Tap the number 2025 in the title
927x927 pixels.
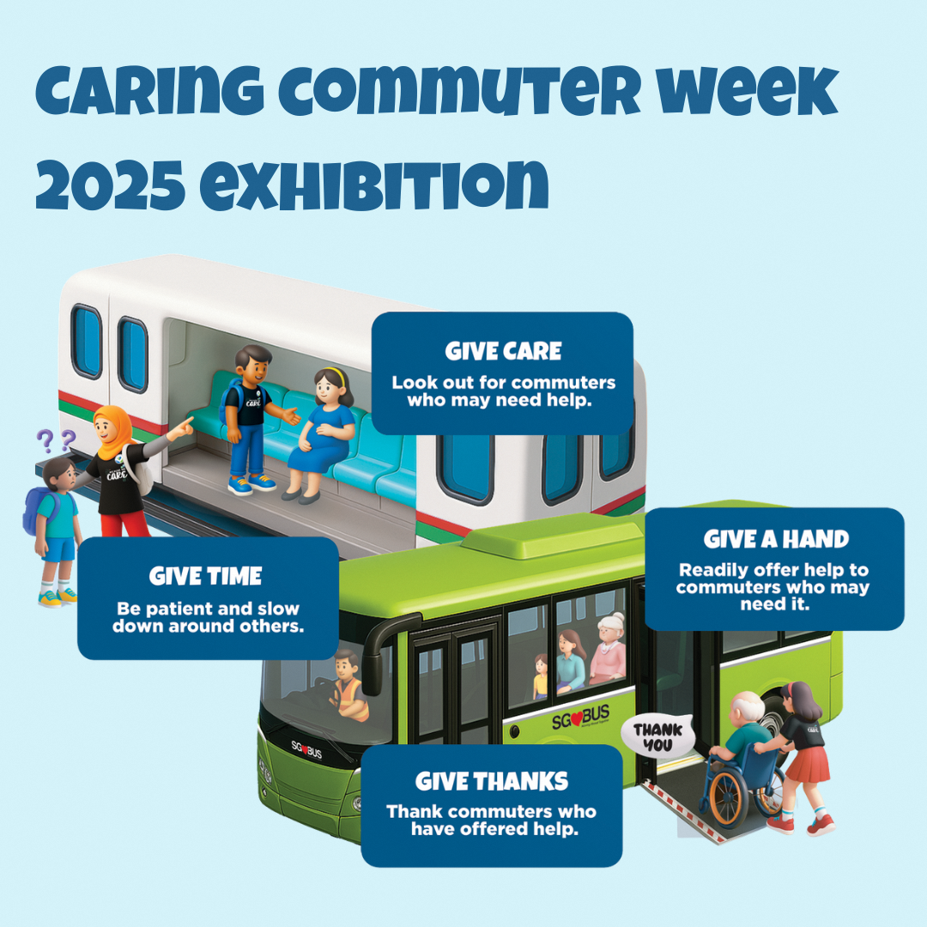pyautogui.click(x=112, y=182)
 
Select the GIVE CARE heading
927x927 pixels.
pyautogui.click(x=503, y=351)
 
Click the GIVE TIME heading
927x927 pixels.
pyautogui.click(x=206, y=576)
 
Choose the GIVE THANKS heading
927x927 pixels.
pyautogui.click(x=492, y=781)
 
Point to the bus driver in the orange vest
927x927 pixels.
pyautogui.click(x=347, y=687)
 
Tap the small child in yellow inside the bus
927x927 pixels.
pyautogui.click(x=540, y=678)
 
